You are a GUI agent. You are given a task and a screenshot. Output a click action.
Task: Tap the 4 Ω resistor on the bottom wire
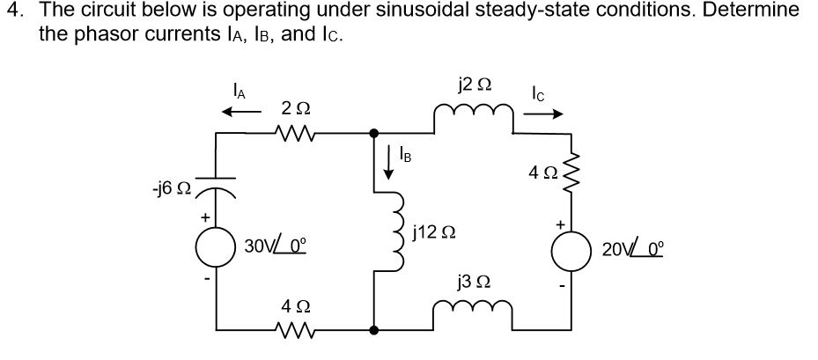(293, 331)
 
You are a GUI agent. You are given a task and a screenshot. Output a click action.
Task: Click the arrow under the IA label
(241, 112)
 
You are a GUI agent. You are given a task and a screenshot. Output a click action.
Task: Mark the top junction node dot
(375, 133)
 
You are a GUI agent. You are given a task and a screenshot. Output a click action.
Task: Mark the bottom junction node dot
(375, 331)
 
